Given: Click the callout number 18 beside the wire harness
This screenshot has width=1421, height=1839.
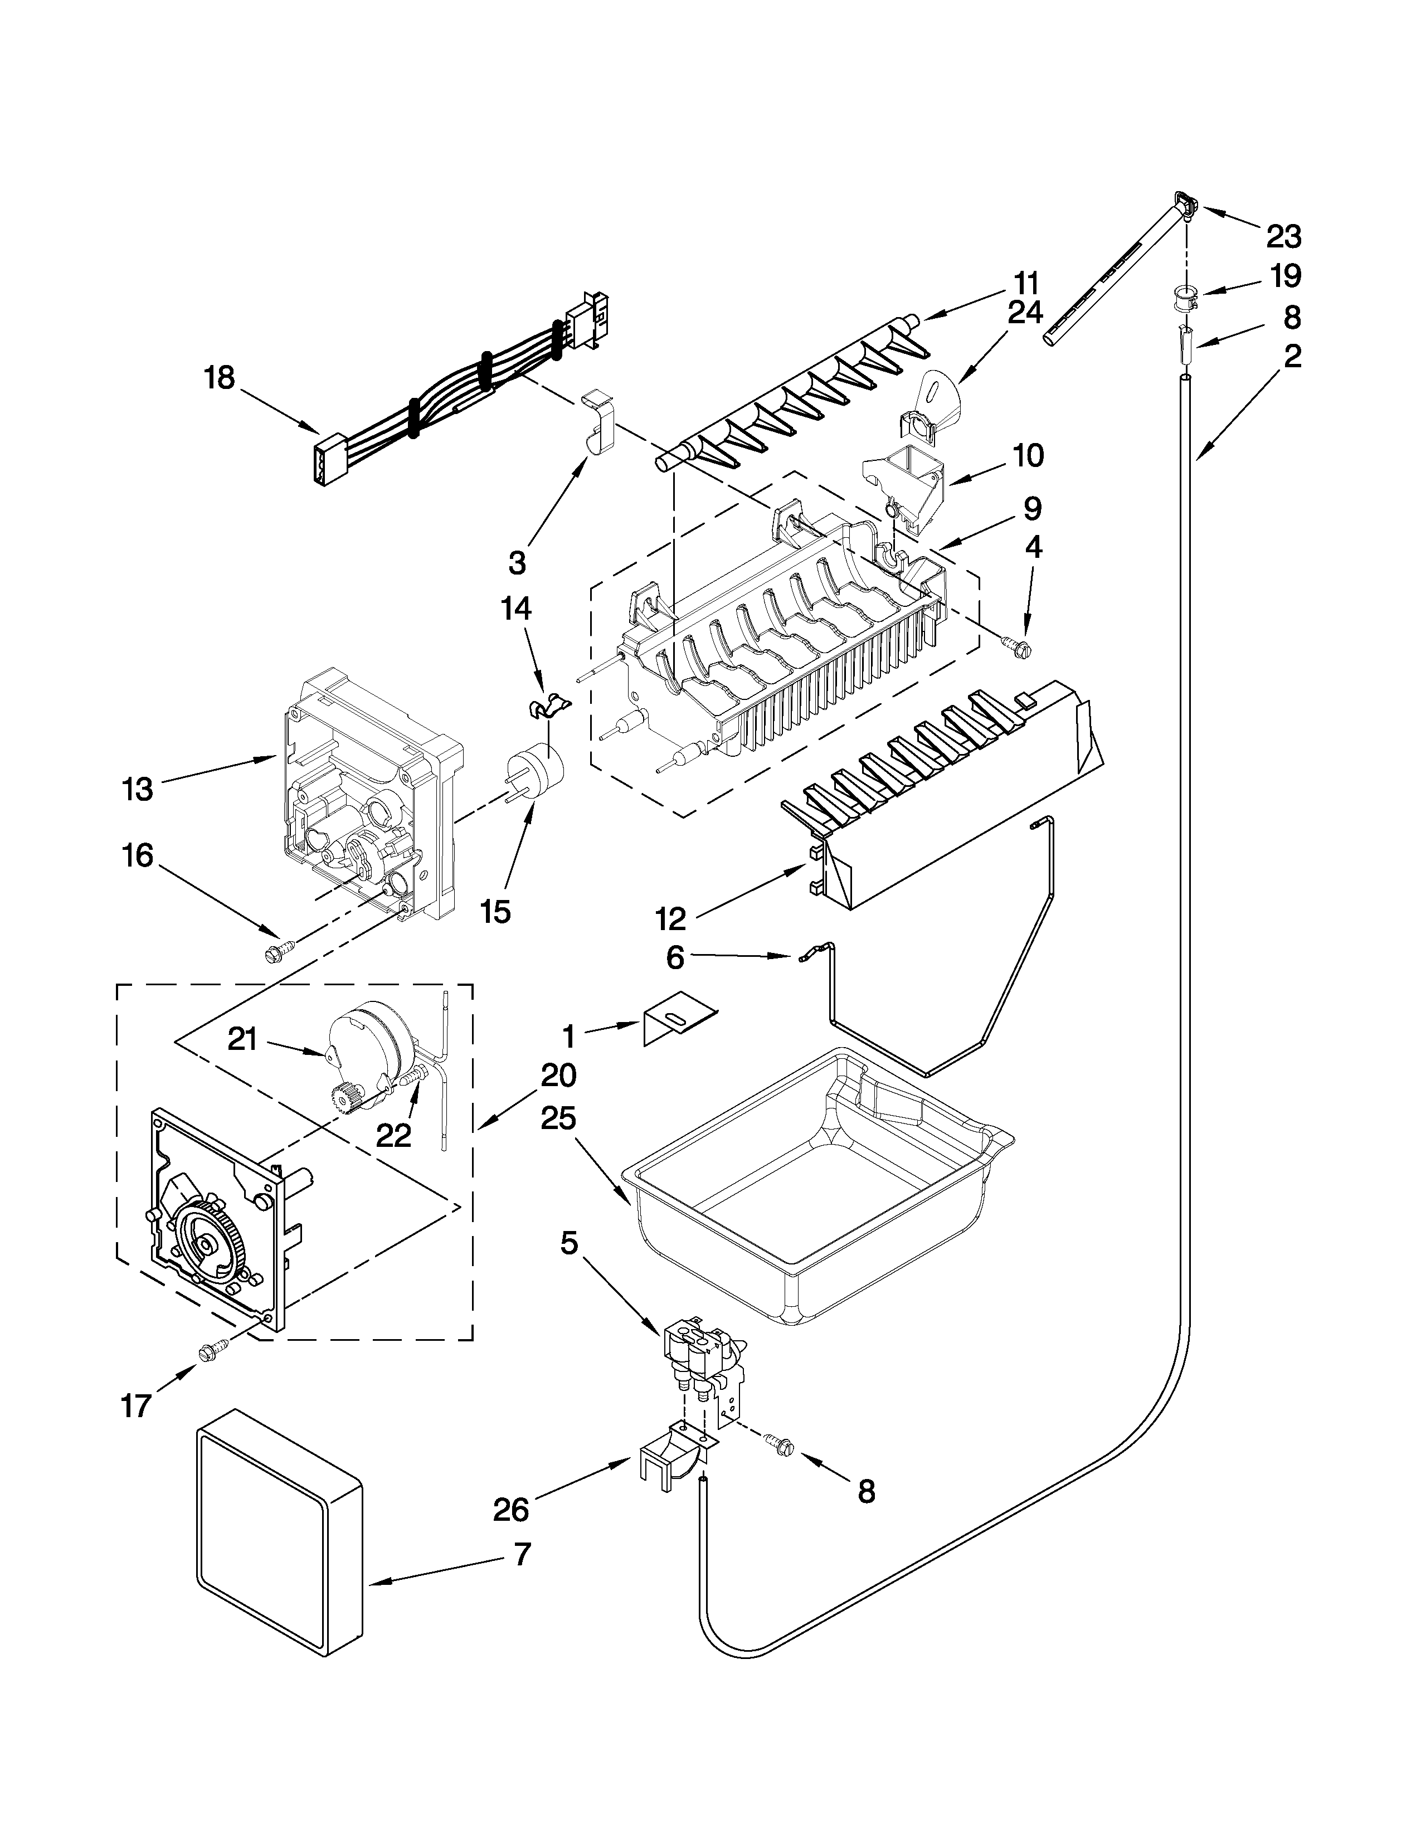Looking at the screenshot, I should coord(219,378).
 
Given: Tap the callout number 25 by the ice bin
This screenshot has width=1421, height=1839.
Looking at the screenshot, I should coord(559,1119).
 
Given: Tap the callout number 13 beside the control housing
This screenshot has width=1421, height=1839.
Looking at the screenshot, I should coord(137,790).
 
